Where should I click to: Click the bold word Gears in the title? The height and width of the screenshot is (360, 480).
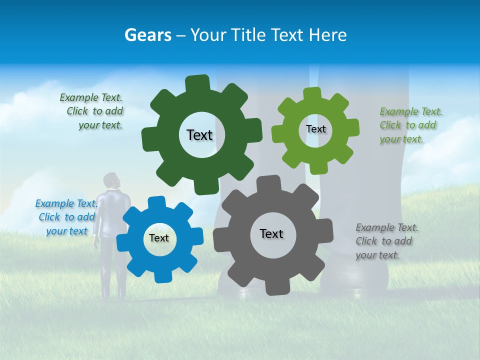147,35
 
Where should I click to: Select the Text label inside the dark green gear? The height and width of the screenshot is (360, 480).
199,135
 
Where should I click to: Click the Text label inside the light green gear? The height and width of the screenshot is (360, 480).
315,129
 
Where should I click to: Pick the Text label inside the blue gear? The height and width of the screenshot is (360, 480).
159,238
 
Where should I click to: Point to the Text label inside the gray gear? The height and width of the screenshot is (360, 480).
271,233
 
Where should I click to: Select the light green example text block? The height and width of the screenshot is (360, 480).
410,125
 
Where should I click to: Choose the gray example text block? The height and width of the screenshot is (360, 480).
386,241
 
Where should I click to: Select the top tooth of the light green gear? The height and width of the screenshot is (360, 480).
312,94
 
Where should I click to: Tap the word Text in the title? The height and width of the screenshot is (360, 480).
287,35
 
